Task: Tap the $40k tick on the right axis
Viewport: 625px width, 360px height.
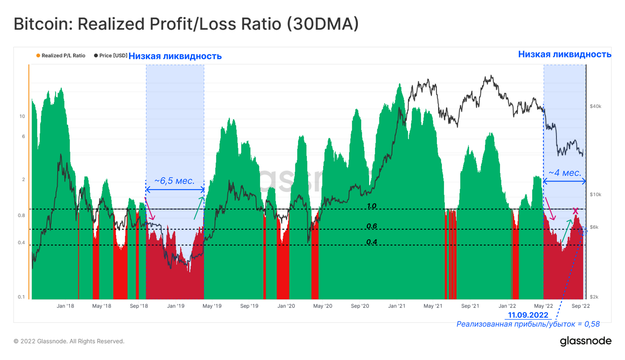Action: pos(595,106)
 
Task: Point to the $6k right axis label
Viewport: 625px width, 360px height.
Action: pos(594,227)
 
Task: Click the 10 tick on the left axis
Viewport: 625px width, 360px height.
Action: pos(22,116)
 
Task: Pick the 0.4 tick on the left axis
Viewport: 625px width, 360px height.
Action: pos(21,242)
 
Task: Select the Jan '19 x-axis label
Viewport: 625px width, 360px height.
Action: pos(176,306)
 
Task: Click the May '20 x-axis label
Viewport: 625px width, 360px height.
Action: pos(322,306)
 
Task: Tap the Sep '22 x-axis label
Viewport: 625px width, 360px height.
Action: pos(581,306)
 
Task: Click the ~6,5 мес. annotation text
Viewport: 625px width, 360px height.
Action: pos(174,181)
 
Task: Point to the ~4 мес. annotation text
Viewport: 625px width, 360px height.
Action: pos(565,173)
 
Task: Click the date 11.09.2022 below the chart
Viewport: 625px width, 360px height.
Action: pos(528,315)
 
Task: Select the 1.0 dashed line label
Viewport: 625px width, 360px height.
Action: pos(372,206)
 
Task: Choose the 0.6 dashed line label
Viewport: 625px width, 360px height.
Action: pos(372,226)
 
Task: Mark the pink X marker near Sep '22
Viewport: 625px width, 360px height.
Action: pos(575,211)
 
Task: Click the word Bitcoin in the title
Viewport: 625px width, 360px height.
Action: pos(43,24)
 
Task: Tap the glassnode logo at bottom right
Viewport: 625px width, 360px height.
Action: pos(585,341)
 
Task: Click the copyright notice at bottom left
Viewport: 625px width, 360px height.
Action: pos(69,341)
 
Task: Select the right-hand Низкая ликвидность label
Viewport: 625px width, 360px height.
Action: pos(564,54)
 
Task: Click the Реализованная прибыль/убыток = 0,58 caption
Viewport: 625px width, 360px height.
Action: pos(528,324)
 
